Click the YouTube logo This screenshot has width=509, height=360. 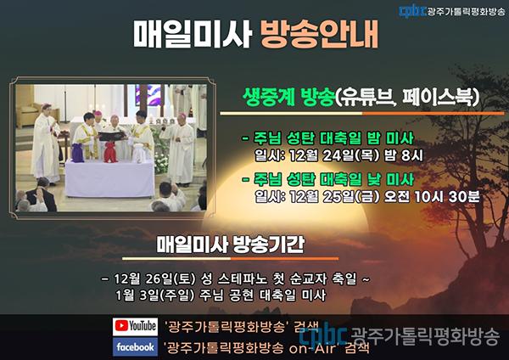[135, 326]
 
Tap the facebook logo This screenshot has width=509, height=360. [135, 346]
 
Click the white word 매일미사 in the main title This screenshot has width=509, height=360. [193, 34]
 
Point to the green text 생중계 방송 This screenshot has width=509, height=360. [288, 97]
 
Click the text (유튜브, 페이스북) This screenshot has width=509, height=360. [407, 97]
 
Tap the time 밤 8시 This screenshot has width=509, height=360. [404, 155]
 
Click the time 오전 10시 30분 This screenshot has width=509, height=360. [432, 196]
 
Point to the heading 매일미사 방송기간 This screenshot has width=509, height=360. [231, 245]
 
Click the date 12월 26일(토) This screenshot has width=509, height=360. [155, 278]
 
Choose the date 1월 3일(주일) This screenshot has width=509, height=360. [155, 295]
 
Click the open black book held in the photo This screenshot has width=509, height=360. [112, 136]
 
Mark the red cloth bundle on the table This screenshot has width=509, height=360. [110, 152]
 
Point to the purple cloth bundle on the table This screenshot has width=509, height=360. [78, 152]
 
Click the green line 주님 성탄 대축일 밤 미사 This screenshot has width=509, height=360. [328, 138]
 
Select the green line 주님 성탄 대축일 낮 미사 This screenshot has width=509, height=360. [328, 179]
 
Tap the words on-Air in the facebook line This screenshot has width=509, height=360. [314, 349]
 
